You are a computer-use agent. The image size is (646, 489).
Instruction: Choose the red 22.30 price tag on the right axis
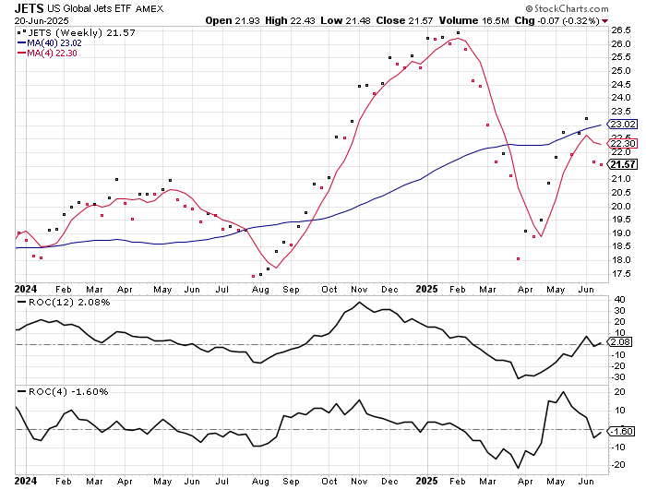(622, 144)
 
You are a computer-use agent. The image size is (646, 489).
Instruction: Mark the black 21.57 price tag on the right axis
(622, 163)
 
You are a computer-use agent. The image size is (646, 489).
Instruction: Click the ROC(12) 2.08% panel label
(55, 302)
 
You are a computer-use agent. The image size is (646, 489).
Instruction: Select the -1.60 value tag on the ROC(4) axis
(622, 431)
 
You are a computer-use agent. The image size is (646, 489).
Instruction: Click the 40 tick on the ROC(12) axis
(617, 299)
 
